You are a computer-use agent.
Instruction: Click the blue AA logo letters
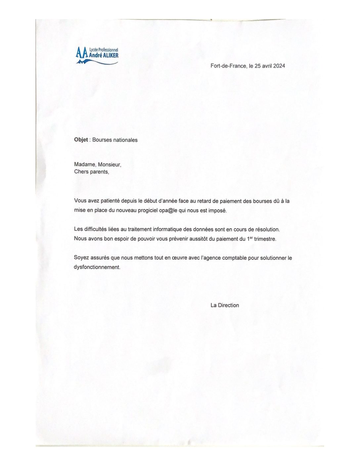(x=82, y=53)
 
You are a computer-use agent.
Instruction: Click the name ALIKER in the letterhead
(x=111, y=56)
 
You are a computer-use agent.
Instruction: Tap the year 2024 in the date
(x=279, y=66)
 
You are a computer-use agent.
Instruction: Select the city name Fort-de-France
(x=228, y=66)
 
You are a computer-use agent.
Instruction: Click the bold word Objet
(x=81, y=140)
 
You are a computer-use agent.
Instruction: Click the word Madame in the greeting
(x=85, y=164)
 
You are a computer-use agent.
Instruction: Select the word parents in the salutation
(x=99, y=172)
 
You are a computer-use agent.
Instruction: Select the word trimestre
(x=265, y=239)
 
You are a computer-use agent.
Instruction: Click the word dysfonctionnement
(x=97, y=267)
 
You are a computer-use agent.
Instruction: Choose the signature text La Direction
(x=225, y=305)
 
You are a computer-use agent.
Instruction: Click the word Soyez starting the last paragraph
(x=81, y=258)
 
